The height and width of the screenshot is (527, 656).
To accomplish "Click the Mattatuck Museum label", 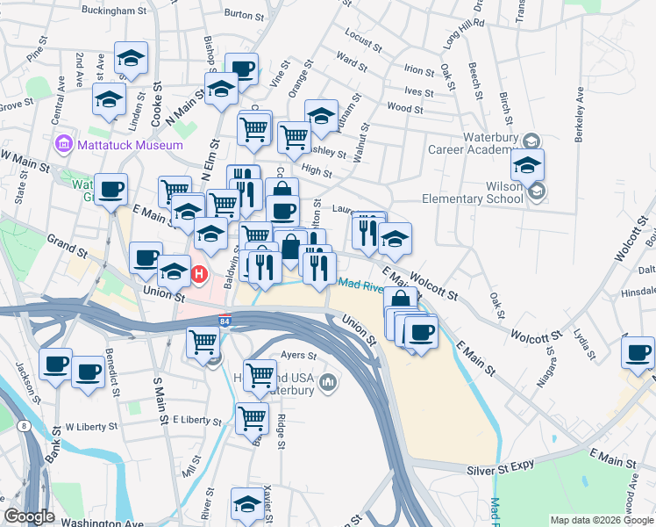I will coord(130,145).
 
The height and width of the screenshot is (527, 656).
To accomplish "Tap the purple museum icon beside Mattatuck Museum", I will coord(63,144).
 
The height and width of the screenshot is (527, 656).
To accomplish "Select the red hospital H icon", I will coord(199,275).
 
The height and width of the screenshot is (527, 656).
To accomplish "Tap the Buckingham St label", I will coord(113,11).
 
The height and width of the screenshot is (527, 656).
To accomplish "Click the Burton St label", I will coord(245,14).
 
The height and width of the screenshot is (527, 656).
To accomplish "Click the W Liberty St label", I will coord(91,427).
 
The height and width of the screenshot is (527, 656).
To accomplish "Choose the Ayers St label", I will coord(297,356).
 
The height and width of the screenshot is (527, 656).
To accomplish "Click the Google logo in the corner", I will coord(29,516).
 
